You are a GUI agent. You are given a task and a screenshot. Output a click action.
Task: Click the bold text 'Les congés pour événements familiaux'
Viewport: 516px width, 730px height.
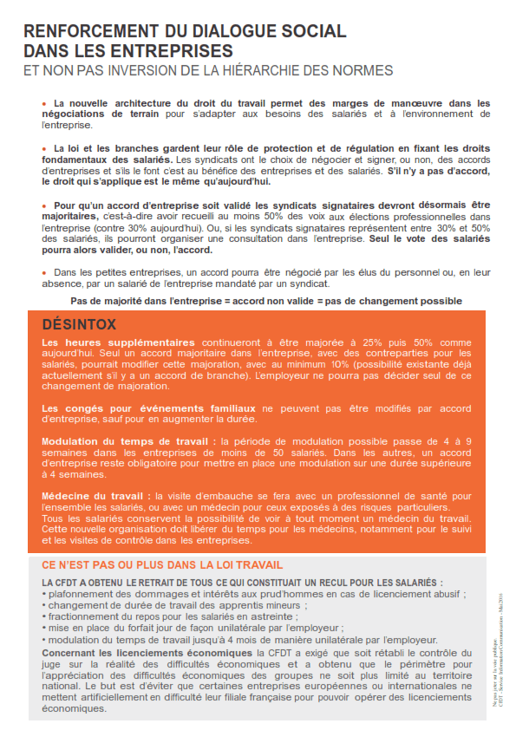148,407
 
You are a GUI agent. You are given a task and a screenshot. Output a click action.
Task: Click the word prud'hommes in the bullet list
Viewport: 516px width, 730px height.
294,594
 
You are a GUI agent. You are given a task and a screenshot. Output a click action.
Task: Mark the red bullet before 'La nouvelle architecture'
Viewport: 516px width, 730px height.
44,102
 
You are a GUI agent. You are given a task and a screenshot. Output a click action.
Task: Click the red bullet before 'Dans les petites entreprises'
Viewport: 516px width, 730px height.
44,272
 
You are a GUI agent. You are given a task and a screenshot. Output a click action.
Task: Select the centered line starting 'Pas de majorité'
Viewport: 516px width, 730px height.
266,301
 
